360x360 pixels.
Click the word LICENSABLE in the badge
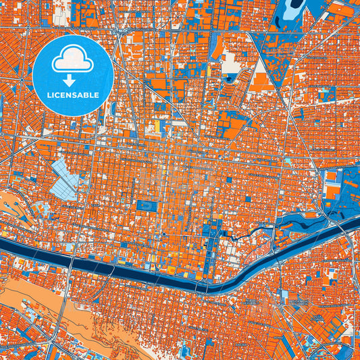tap(74, 95)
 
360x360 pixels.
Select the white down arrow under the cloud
tap(72, 80)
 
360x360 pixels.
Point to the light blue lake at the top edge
tap(294, 8)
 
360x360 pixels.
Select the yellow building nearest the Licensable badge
tap(157, 126)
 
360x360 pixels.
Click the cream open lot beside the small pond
tap(230, 63)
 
